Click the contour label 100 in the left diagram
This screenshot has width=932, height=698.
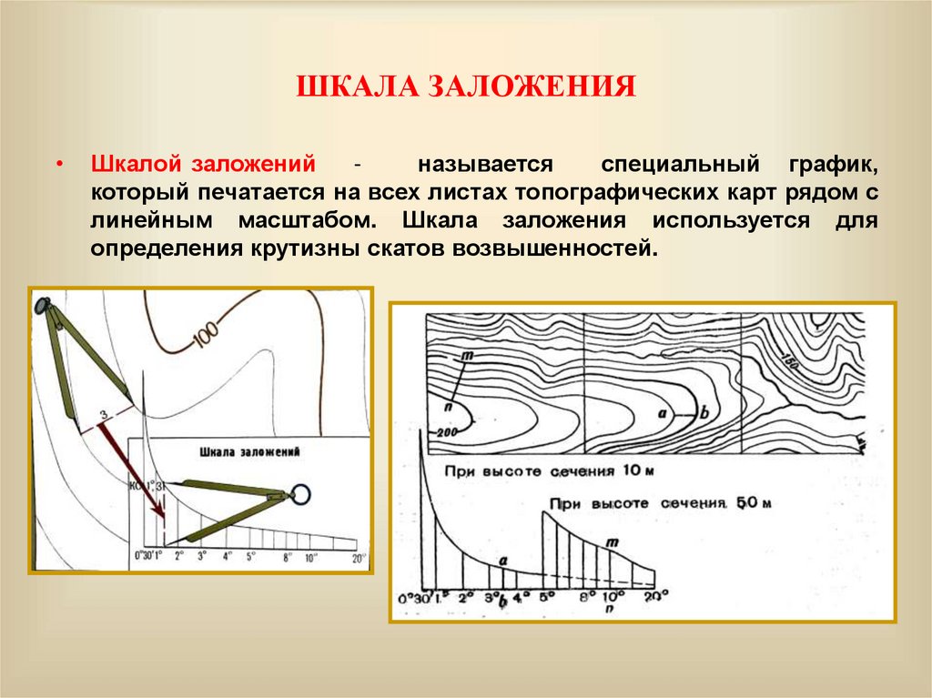pos(206,336)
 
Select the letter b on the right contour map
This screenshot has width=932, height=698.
pos(704,410)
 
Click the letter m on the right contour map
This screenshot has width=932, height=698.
pos(466,354)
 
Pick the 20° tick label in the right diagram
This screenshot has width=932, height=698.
pos(655,596)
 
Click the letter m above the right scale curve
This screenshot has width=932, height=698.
pos(612,543)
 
